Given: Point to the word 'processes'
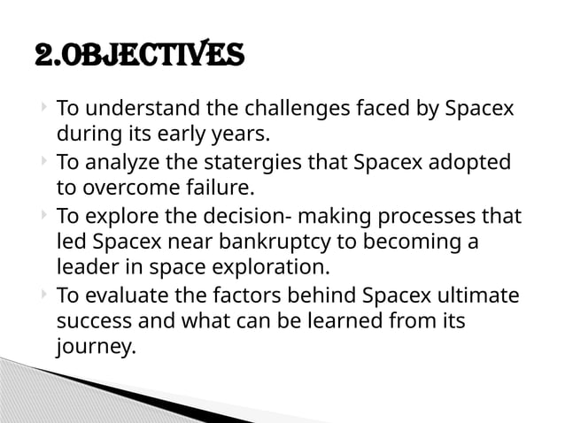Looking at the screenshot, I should point(431,217).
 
